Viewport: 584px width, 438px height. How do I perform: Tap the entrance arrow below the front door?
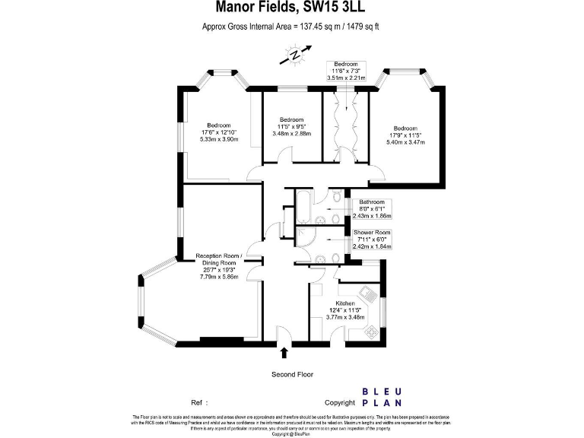pos(284,352)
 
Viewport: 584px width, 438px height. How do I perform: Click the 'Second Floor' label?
pos(292,374)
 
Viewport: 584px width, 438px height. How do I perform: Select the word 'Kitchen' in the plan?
pos(346,303)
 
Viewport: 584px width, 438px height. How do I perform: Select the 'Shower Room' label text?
pos(372,233)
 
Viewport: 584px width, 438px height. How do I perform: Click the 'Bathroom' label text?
pos(372,202)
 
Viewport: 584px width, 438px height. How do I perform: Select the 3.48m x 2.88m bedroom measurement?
pos(291,134)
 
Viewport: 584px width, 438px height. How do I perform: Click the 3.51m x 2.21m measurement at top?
pos(346,78)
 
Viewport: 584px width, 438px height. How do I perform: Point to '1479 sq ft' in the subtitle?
pos(357,27)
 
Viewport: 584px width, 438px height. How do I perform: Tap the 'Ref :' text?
pos(199,402)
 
